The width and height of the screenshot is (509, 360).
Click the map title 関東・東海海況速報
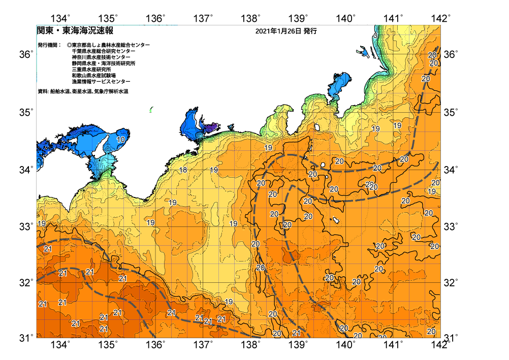pyautogui.click(x=75, y=30)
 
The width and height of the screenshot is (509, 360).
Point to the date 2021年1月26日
pyautogui.click(x=278, y=31)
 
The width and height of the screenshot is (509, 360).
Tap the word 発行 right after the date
pyautogui.click(x=310, y=31)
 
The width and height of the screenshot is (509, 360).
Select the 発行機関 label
pyautogui.click(x=49, y=45)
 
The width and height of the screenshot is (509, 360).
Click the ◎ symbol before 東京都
pyautogui.click(x=69, y=45)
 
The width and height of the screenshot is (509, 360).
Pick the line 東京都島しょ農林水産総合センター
pyautogui.click(x=111, y=45)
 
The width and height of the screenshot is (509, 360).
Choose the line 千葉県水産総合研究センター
pyautogui.click(x=104, y=51)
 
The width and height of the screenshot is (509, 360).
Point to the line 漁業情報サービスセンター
pyautogui.click(x=101, y=82)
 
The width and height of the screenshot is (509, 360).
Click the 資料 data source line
pyautogui.click(x=83, y=91)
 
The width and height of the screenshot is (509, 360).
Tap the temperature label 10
pyautogui.click(x=121, y=140)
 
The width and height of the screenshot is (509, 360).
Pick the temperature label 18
pyautogui.click(x=183, y=170)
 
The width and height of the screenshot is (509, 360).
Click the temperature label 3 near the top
pyautogui.click(x=375, y=36)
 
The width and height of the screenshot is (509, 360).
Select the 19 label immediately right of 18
pyautogui.click(x=214, y=170)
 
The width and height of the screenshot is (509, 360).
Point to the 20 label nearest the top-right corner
pyautogui.click(x=432, y=55)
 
